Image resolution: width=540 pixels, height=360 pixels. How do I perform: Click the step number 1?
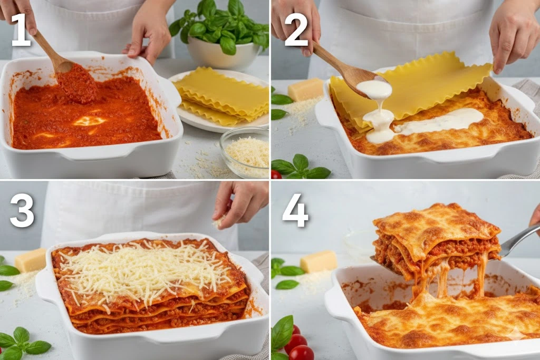tap(21, 30)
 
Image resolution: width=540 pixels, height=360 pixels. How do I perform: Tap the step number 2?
tap(296, 30)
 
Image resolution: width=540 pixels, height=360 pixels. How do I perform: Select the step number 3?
tap(22, 210)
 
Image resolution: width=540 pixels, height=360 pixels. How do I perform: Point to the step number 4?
tap(295, 210)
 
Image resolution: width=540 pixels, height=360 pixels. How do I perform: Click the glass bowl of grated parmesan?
tap(245, 151)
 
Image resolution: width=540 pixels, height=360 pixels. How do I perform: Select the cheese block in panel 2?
tap(306, 90)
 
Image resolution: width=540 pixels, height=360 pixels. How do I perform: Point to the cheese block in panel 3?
tap(30, 260)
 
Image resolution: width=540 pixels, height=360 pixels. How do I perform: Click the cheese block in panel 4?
tap(319, 261)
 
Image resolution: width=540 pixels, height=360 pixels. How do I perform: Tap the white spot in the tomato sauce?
tap(89, 121)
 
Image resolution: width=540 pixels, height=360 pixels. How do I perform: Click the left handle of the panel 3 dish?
tap(46, 282)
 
